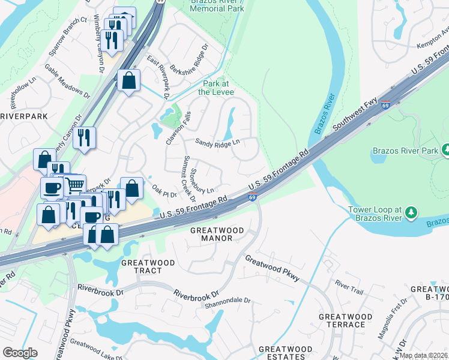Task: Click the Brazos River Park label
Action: pyautogui.click(x=405, y=150)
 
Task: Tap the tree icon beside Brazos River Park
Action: pyautogui.click(x=446, y=149)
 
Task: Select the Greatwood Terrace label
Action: pyautogui.click(x=342, y=320)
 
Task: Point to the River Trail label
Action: pyautogui.click(x=349, y=287)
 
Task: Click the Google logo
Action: pyautogui.click(x=20, y=353)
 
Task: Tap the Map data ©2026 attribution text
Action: pyautogui.click(x=423, y=355)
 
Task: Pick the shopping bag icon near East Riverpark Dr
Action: pyautogui.click(x=128, y=80)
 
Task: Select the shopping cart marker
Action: pyautogui.click(x=74, y=184)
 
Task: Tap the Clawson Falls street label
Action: pyautogui.click(x=178, y=128)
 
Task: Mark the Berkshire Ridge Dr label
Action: pyautogui.click(x=188, y=60)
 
